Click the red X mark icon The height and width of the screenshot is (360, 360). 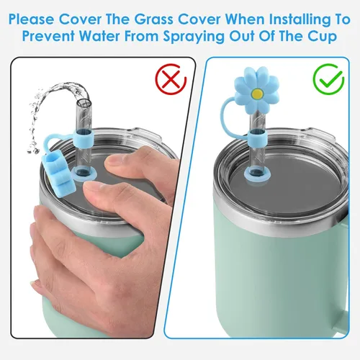(171, 79)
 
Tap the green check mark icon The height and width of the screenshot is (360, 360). (328, 79)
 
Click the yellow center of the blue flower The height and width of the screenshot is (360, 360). (257, 93)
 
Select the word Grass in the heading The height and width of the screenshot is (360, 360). (153, 19)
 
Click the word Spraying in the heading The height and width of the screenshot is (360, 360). (194, 37)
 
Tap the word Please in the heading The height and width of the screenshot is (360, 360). (31, 19)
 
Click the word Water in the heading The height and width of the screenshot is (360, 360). (99, 36)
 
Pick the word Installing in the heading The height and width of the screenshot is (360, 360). (300, 19)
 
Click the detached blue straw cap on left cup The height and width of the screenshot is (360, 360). (58, 175)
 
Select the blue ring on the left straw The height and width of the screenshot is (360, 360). (84, 139)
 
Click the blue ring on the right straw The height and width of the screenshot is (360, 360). (258, 138)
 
